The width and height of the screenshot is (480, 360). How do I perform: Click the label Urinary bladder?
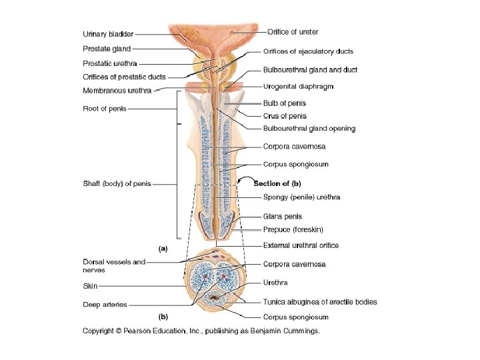click(108, 34)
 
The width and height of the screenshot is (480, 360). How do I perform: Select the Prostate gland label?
click(107, 49)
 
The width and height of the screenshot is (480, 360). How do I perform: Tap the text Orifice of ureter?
click(293, 31)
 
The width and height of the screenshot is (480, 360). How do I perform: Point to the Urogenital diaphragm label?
click(299, 87)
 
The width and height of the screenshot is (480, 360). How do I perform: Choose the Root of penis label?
click(104, 108)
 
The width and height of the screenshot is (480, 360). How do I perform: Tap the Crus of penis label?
click(285, 116)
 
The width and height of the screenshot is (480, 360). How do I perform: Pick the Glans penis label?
click(283, 216)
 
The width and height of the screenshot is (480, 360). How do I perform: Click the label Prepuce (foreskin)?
click(293, 229)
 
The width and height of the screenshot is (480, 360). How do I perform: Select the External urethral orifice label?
click(301, 245)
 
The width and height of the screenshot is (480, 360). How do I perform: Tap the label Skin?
click(90, 286)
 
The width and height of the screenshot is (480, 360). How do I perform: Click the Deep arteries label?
click(105, 305)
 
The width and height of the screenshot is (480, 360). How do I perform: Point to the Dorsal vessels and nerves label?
click(114, 266)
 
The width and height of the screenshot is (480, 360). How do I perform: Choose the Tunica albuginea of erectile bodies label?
click(320, 302)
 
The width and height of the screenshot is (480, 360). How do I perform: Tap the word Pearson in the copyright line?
click(145, 330)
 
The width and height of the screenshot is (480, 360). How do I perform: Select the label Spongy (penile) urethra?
click(301, 197)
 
